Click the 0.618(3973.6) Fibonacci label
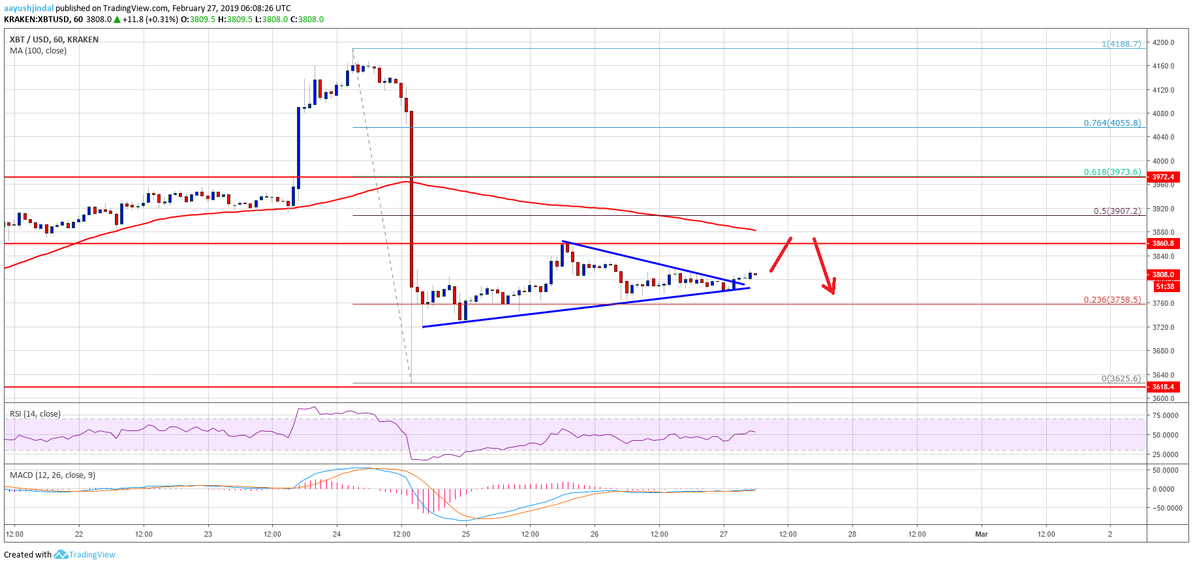[x=1112, y=172]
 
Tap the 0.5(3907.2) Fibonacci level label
[x=1117, y=211]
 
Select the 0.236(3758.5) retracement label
[x=1112, y=300]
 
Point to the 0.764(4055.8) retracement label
[x=1112, y=123]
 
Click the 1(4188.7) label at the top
[x=1121, y=44]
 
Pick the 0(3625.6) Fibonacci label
[x=1121, y=378]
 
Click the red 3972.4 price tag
[x=1163, y=177]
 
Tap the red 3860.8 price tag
[x=1163, y=243]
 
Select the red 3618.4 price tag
[x=1163, y=387]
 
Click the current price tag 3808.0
[x=1163, y=275]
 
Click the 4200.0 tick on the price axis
[x=1163, y=42]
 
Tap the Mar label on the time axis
[x=981, y=534]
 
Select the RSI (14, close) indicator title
[x=35, y=414]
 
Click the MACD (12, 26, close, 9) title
[x=52, y=475]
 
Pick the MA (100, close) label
[x=38, y=51]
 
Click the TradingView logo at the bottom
[x=85, y=555]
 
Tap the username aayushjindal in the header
[x=29, y=8]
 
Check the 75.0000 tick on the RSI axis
[x=1165, y=415]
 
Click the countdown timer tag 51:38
[x=1164, y=286]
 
